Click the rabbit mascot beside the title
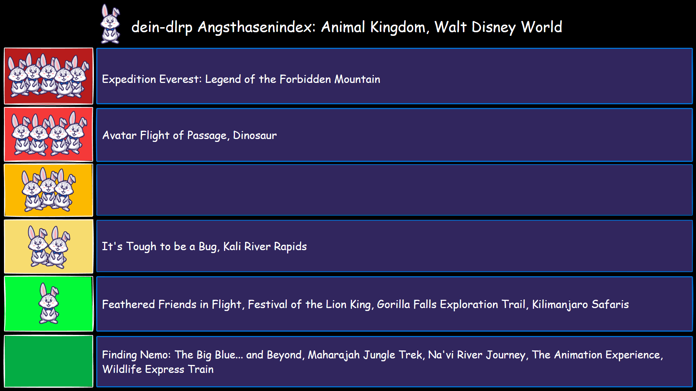(110, 24)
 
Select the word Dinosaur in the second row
(254, 135)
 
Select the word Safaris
(610, 304)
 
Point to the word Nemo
(155, 354)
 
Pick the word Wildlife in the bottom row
(122, 369)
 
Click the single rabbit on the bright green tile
(49, 303)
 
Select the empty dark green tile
(49, 361)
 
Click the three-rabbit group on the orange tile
(49, 189)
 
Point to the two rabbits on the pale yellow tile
(49, 247)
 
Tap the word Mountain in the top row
(357, 79)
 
